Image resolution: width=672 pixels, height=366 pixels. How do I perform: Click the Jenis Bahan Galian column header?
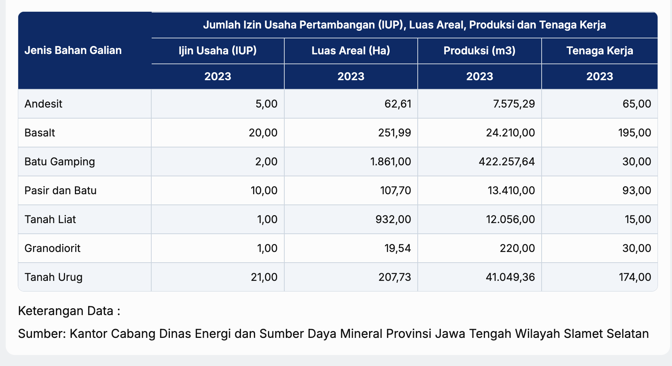pyautogui.click(x=73, y=51)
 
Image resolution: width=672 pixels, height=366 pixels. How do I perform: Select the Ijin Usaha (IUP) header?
pyautogui.click(x=218, y=51)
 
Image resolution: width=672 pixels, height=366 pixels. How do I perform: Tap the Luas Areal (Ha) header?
pyautogui.click(x=351, y=51)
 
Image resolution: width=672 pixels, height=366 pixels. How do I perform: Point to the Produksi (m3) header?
pyautogui.click(x=479, y=51)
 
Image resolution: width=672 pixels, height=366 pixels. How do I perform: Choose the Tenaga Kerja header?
pyautogui.click(x=599, y=51)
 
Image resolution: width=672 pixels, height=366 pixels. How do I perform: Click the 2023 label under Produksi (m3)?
pyautogui.click(x=479, y=76)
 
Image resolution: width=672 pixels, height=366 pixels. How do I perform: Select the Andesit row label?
pyautogui.click(x=43, y=104)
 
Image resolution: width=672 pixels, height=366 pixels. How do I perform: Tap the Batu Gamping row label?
pyautogui.click(x=60, y=162)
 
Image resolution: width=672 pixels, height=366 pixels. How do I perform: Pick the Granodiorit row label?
pyautogui.click(x=52, y=248)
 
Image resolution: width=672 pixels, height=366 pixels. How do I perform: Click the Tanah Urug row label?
pyautogui.click(x=53, y=277)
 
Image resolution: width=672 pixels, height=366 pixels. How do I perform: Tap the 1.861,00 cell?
pyautogui.click(x=390, y=162)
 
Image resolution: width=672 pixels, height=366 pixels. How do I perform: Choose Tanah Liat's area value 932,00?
pyautogui.click(x=394, y=219)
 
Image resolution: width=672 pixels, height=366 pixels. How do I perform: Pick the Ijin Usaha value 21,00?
pyautogui.click(x=264, y=277)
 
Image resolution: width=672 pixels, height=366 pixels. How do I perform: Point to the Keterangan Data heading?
pyautogui.click(x=69, y=311)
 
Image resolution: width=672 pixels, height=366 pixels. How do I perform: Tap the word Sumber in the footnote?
pyautogui.click(x=42, y=334)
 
